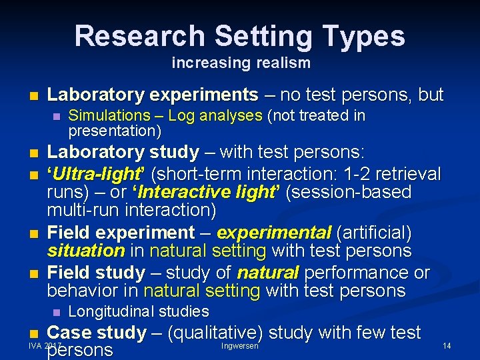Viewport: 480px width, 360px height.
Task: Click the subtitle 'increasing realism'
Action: (x=241, y=63)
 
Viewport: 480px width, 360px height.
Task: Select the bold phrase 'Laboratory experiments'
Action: (x=153, y=95)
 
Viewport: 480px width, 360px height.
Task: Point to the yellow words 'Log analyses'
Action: (x=215, y=116)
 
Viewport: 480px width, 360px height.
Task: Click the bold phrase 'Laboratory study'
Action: (x=123, y=153)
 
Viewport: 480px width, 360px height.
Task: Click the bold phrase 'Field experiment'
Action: (x=121, y=233)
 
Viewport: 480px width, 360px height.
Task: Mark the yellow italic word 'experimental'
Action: (x=274, y=233)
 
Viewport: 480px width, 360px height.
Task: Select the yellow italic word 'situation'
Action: (x=85, y=251)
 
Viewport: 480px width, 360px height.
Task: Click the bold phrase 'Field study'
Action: (x=96, y=273)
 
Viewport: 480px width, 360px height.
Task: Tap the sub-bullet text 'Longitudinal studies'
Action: (x=139, y=311)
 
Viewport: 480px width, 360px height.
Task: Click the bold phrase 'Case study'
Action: (x=97, y=332)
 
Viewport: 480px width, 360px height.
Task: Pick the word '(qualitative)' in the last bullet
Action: (x=205, y=332)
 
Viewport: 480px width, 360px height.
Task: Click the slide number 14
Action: (x=447, y=346)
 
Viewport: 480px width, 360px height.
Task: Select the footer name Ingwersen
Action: (x=239, y=346)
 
